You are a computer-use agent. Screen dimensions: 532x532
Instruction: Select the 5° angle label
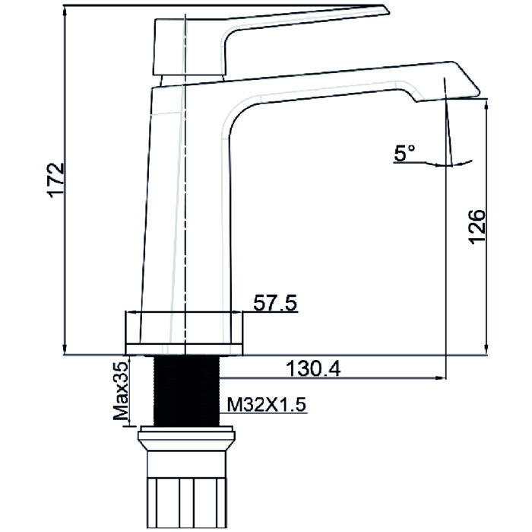click(404, 153)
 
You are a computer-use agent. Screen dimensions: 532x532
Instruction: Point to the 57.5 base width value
click(274, 303)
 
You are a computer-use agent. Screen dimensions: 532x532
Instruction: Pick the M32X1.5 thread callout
click(262, 405)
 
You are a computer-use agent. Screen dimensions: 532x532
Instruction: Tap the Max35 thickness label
click(120, 391)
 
